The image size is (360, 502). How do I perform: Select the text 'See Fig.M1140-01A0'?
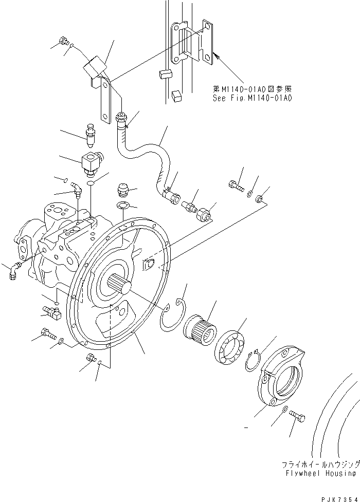coord(252,97)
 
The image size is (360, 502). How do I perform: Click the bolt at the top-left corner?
coord(64,41)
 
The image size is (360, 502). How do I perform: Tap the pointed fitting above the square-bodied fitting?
coord(91,135)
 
